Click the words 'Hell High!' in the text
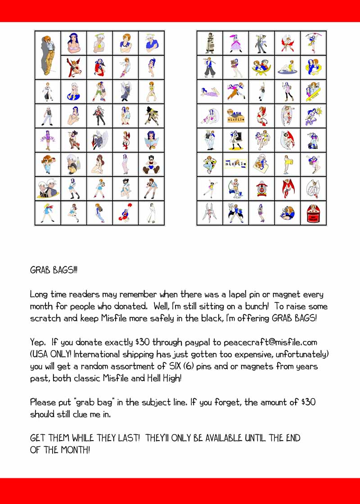(164, 378)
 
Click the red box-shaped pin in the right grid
(313, 213)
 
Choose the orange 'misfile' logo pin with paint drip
(235, 116)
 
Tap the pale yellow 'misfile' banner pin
(235, 164)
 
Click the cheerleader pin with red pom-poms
(125, 213)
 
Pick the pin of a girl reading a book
(151, 140)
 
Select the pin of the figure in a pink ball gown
(235, 43)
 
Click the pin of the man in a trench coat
(209, 43)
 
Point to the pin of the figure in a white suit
(151, 213)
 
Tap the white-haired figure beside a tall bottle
(73, 165)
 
